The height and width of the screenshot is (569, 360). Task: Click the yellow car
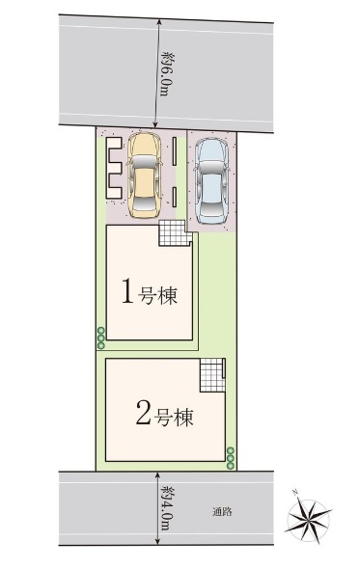click(x=144, y=176)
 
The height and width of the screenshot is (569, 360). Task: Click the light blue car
click(x=211, y=180)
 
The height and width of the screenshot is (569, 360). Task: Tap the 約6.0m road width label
click(x=165, y=73)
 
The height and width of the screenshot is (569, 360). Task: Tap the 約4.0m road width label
click(x=166, y=507)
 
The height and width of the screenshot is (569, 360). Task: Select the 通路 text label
click(x=222, y=512)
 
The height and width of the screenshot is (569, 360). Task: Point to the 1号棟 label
click(x=150, y=291)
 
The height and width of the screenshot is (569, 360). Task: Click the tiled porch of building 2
click(x=212, y=375)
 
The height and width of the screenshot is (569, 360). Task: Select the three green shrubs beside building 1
click(x=101, y=338)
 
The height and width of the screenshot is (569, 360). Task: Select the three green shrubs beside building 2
click(x=231, y=458)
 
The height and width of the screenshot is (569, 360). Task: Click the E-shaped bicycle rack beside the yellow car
click(x=113, y=168)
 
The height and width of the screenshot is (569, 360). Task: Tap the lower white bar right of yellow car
click(x=175, y=197)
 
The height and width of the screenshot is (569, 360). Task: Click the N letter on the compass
click(x=295, y=493)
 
